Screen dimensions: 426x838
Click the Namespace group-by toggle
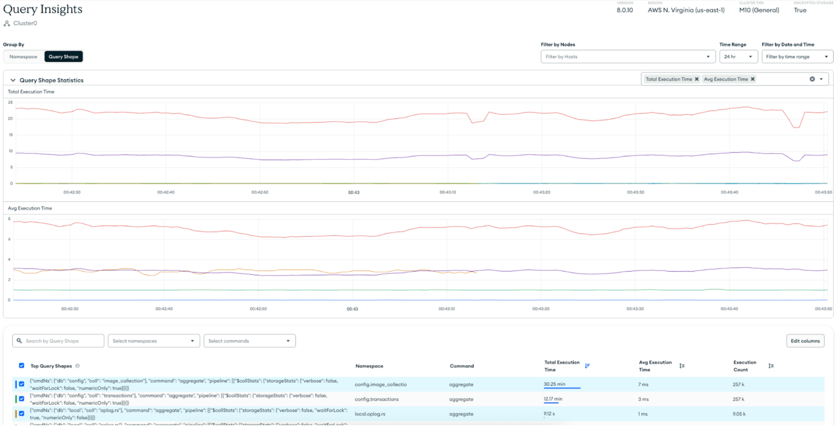click(x=23, y=57)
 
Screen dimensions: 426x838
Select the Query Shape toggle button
click(x=63, y=57)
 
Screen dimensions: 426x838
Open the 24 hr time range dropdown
click(x=738, y=57)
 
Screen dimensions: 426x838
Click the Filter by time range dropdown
click(x=797, y=57)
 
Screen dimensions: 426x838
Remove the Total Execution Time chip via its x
click(x=697, y=79)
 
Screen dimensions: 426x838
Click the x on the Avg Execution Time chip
click(x=753, y=79)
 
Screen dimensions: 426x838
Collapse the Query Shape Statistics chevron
click(x=13, y=80)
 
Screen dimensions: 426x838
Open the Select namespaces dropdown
click(x=154, y=341)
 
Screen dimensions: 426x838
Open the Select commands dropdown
click(x=249, y=341)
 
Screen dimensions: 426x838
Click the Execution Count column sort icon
click(x=771, y=366)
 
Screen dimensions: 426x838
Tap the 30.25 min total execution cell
click(x=555, y=384)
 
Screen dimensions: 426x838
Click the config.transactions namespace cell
click(x=377, y=399)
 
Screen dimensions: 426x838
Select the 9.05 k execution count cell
click(x=739, y=414)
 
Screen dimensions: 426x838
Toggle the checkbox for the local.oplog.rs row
click(x=22, y=414)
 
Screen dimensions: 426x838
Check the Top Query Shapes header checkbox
click(x=22, y=366)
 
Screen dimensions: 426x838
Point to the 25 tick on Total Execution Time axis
click(x=11, y=102)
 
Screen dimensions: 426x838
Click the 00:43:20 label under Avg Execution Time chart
click(x=541, y=309)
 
